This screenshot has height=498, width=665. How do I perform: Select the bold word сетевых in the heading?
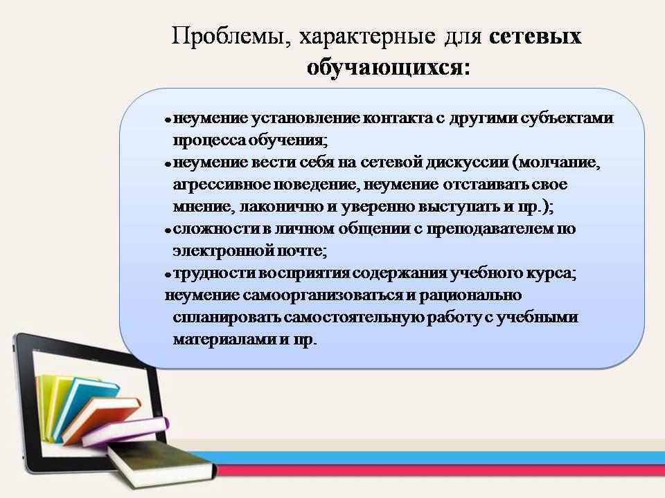point(535,37)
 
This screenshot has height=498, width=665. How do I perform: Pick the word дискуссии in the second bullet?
point(467,162)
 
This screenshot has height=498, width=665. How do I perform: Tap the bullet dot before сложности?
point(168,230)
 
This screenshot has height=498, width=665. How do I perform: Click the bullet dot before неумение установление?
point(168,120)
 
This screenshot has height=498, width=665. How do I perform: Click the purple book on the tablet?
point(125,431)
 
